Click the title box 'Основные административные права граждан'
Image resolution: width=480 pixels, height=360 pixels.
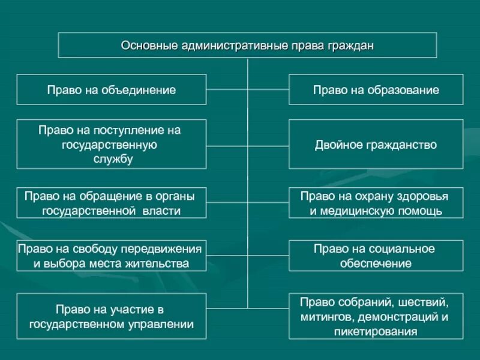coord(247,45)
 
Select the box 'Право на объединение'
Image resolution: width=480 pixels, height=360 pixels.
coord(112,89)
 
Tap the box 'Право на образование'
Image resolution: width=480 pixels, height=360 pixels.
coord(376,89)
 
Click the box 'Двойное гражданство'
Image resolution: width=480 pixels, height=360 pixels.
coord(376,144)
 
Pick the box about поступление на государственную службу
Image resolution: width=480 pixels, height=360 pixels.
coord(112,144)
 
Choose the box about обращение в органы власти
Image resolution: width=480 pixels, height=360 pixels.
coord(112,203)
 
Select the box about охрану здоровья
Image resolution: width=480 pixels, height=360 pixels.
coord(376,203)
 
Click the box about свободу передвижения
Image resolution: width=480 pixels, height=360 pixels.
coord(112,256)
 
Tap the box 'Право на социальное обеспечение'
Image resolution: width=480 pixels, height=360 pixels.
coord(376,256)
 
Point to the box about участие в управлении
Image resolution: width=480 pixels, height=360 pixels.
coord(112,316)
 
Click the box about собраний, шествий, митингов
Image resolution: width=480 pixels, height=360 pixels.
coord(376,316)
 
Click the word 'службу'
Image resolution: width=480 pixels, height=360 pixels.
coord(113,159)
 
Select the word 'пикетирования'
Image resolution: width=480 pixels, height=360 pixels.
coord(376,331)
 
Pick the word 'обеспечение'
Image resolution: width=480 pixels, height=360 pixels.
coord(376,263)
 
